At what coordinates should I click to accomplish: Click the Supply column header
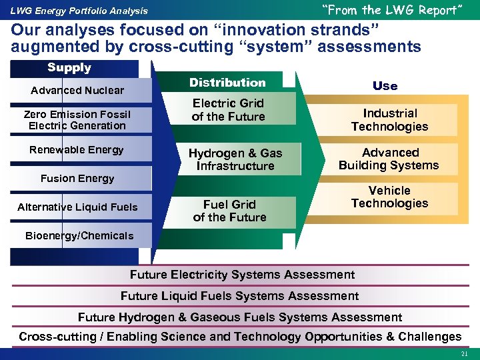pos(69,68)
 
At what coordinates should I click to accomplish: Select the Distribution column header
pos(227,83)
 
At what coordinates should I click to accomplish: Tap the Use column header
pos(385,86)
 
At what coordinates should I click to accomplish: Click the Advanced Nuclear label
pos(77,91)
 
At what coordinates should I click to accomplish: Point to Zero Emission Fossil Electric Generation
pos(77,120)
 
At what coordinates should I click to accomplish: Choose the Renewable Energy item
pos(77,150)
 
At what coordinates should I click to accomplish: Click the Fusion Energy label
pos(77,179)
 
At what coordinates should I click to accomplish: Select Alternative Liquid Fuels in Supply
pos(77,207)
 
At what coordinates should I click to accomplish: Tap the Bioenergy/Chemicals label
pos(79,235)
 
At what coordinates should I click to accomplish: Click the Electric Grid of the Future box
pos(228,110)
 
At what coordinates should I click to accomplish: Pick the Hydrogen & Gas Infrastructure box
pos(235,159)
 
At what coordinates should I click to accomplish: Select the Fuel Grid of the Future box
pos(229,211)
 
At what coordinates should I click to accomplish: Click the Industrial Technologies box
pos(390,120)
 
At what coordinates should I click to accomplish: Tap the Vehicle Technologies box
pos(390,197)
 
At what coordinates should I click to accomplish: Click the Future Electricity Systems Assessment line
pos(242,275)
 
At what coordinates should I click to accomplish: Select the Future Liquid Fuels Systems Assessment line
pos(239,296)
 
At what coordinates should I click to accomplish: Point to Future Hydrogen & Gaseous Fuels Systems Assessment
pos(240,317)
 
